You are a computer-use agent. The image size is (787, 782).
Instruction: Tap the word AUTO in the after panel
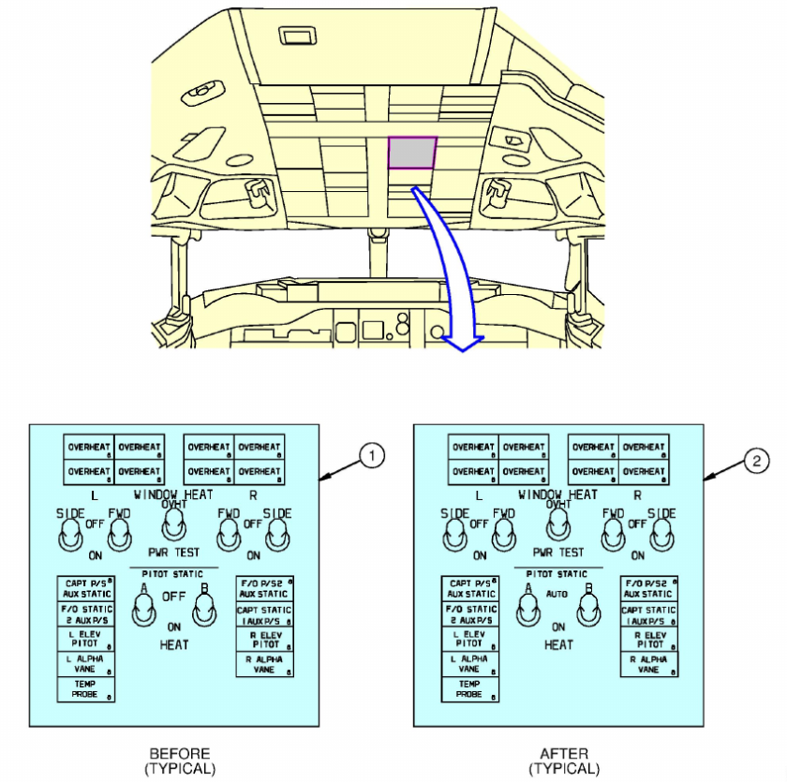(558, 595)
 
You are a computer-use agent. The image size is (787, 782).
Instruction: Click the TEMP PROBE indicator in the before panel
(85, 688)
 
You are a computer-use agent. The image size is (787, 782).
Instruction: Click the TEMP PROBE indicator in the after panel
(470, 688)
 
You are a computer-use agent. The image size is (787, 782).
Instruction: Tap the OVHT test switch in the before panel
(173, 525)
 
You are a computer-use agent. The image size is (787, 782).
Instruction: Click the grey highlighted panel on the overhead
(412, 153)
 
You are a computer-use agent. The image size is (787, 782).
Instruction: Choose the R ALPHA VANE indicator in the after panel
(649, 664)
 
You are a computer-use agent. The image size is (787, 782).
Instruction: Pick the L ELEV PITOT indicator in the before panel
(85, 639)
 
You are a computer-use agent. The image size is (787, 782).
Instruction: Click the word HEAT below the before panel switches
(173, 644)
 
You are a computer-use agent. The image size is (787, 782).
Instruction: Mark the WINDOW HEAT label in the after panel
(557, 494)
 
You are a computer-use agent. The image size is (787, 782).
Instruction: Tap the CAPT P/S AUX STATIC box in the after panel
(470, 588)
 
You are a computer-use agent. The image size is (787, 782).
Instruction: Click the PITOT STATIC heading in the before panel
(173, 573)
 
